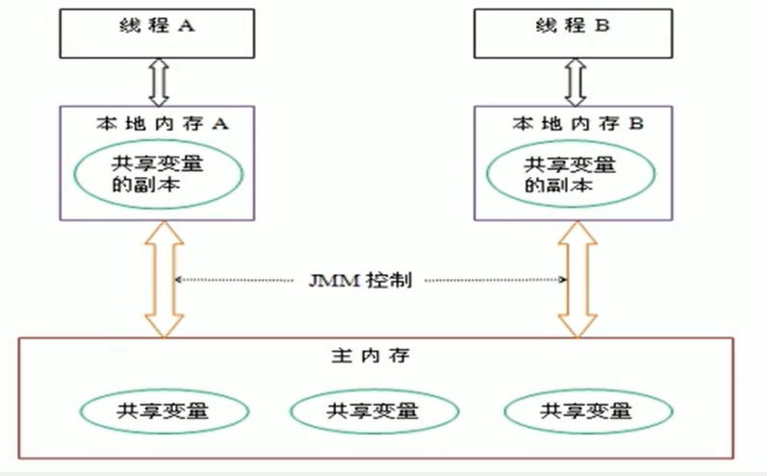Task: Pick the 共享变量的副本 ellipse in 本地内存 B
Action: (571, 173)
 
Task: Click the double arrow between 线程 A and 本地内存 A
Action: (160, 81)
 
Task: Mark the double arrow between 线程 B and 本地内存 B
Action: (575, 81)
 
